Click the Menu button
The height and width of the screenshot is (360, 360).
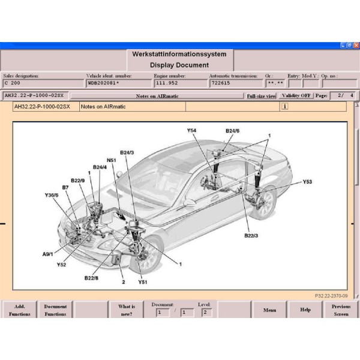pos(269,310)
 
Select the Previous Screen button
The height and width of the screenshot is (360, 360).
pos(341,310)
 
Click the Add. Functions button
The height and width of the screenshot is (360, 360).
pos(19,310)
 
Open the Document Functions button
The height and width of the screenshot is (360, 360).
pos(55,310)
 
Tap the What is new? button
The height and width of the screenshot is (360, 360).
pos(126,310)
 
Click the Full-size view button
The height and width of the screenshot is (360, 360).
pos(261,96)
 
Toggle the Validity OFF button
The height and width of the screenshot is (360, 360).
pos(296,96)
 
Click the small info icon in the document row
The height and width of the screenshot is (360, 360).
pos(284,106)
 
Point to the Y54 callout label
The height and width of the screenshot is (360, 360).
pos(191,130)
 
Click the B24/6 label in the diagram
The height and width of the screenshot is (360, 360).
pos(232,130)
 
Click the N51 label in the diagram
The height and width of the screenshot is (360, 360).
pos(112,160)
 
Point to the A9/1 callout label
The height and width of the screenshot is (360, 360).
pos(47,254)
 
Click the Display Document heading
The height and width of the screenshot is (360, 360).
pos(179,65)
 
